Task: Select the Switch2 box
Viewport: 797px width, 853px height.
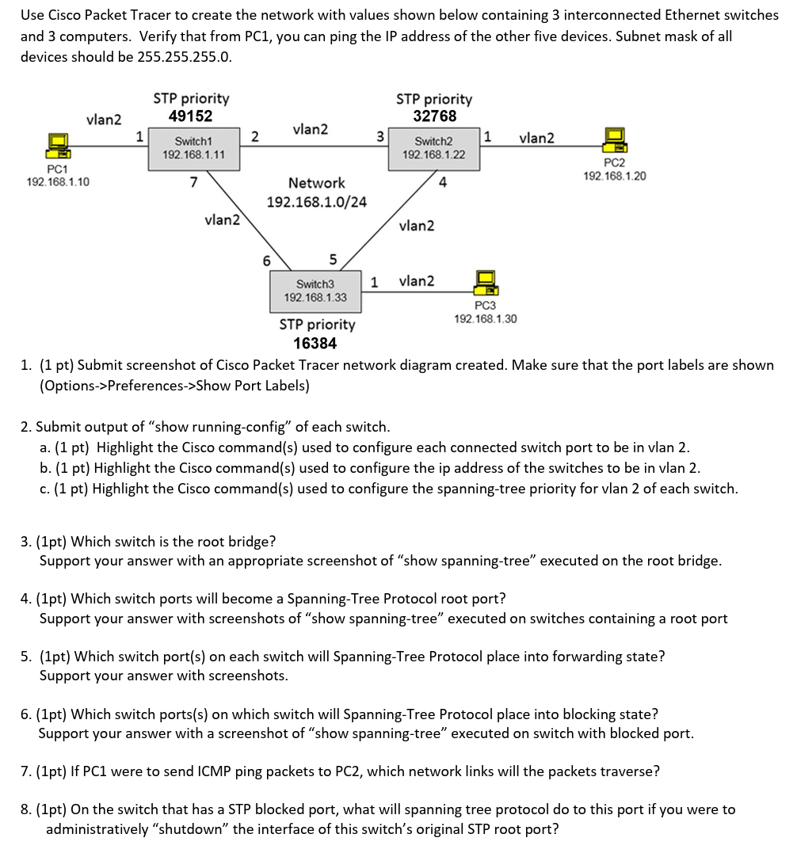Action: pos(434,148)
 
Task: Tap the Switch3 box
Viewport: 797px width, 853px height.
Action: pos(315,291)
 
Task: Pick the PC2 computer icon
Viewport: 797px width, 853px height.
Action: pos(614,140)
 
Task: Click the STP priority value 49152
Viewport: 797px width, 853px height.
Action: pos(191,116)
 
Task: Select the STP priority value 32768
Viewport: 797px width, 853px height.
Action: pos(434,116)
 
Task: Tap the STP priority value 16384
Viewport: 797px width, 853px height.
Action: pos(315,344)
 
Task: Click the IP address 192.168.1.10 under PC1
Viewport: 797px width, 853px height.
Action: pos(58,182)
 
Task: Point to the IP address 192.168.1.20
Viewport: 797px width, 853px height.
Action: pos(614,176)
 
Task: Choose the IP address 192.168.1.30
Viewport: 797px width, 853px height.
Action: pos(485,318)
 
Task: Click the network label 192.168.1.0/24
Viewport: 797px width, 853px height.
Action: pos(317,202)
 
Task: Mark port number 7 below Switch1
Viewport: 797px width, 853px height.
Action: pos(193,182)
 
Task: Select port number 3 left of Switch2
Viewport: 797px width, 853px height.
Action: pos(379,135)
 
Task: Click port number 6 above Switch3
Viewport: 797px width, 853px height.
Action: pos(266,261)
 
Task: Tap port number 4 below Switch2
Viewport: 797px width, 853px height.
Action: pos(443,183)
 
